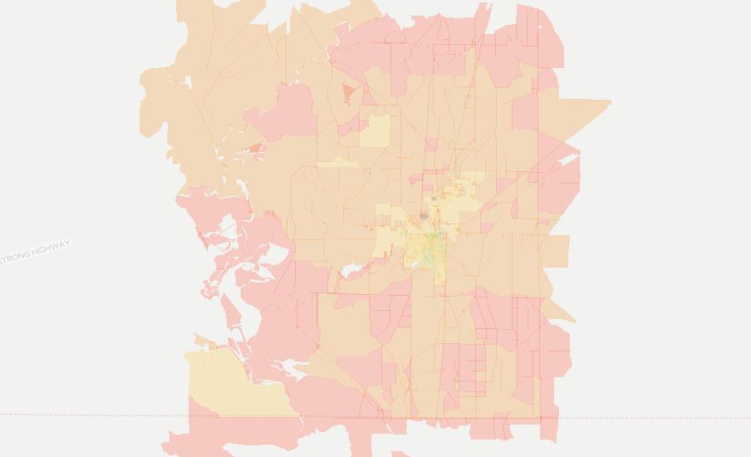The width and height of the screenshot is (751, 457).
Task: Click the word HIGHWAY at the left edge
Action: click(52, 247)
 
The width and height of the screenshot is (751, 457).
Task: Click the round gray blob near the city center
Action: click(424, 216)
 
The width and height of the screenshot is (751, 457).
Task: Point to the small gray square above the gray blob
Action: click(434, 199)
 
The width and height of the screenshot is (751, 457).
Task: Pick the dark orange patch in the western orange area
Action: click(254, 150)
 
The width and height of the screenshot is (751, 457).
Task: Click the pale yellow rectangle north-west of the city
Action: click(376, 131)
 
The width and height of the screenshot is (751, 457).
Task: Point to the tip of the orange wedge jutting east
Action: click(609, 103)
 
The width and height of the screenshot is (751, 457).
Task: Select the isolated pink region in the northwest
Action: click(287, 112)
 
